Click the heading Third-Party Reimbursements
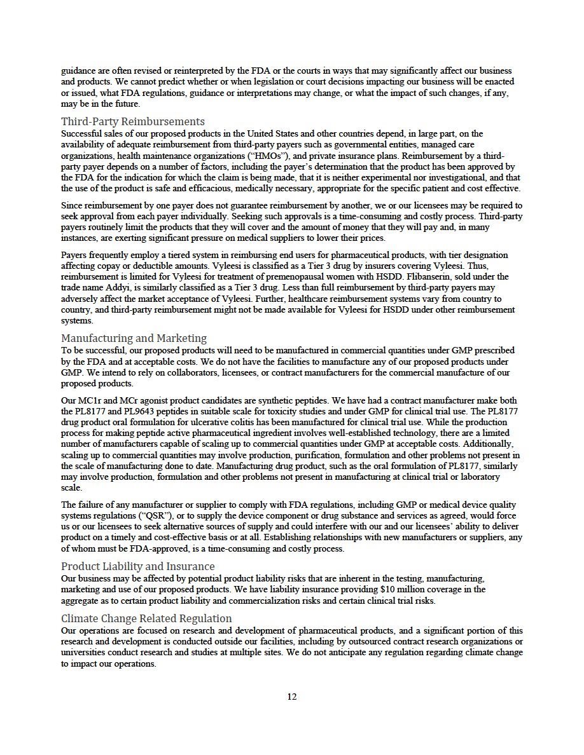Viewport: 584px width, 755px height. click(x=132, y=121)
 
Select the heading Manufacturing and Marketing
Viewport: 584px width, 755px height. click(x=134, y=338)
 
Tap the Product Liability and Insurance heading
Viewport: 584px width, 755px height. click(x=137, y=566)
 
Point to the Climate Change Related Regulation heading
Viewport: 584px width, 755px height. click(x=146, y=618)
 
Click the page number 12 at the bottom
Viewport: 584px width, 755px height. click(x=291, y=697)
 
